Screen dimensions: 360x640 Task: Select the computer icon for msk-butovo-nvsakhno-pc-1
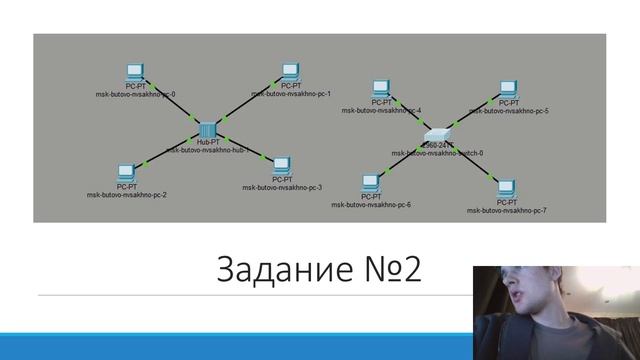click(290, 72)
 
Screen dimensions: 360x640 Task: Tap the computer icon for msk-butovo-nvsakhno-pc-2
click(126, 172)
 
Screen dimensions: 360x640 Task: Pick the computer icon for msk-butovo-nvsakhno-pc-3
click(281, 164)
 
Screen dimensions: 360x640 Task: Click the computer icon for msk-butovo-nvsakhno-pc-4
click(381, 88)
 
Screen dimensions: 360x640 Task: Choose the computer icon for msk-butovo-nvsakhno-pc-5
click(509, 88)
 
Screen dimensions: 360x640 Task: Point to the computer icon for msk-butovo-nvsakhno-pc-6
click(370, 182)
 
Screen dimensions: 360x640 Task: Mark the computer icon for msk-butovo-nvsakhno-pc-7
click(506, 187)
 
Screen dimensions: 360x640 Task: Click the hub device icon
click(208, 130)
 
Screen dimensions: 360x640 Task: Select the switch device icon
click(438, 135)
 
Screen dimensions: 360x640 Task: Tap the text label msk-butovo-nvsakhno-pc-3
click(282, 187)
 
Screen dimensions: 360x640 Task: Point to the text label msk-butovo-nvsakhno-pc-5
click(508, 111)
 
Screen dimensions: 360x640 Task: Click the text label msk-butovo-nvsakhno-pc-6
click(372, 205)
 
